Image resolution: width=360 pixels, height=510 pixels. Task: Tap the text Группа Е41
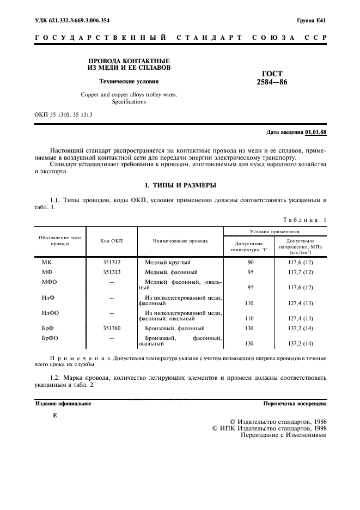click(312, 20)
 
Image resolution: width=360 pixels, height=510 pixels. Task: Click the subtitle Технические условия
click(129, 82)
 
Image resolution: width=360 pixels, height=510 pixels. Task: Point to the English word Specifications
click(129, 101)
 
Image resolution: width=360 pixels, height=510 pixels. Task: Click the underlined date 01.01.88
click(315, 132)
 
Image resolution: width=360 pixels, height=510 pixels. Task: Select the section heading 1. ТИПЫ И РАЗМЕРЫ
click(180, 186)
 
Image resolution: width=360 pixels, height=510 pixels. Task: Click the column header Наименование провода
click(180, 240)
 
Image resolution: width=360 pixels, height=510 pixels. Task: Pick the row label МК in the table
click(46, 263)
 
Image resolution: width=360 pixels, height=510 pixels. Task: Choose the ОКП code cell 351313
click(111, 272)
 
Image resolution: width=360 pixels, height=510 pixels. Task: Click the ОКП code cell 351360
click(111, 329)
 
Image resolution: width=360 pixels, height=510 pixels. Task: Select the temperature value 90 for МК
click(251, 263)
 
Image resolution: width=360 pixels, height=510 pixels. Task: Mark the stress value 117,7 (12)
click(301, 272)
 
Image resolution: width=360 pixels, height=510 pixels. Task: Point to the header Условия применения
click(276, 230)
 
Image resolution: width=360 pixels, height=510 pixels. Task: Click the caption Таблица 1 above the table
click(305, 220)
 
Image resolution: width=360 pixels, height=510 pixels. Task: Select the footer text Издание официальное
click(63, 404)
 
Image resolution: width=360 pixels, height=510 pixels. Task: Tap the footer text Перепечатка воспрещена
click(295, 404)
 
